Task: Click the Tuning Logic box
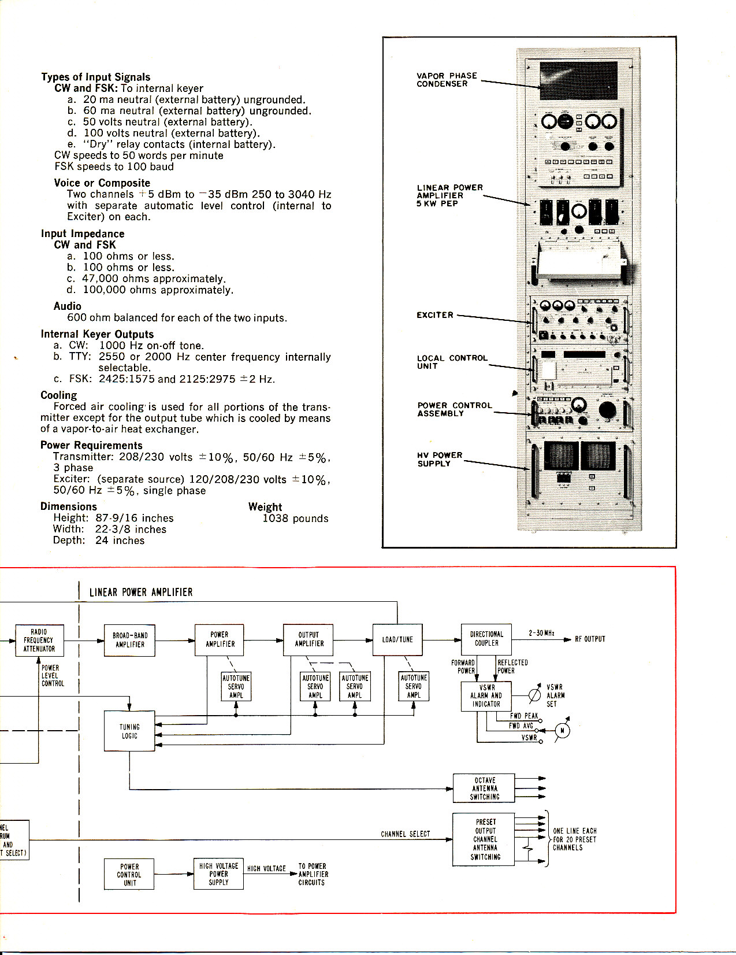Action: pyautogui.click(x=129, y=731)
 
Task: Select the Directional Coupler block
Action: pyautogui.click(x=486, y=639)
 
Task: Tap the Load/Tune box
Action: pyautogui.click(x=397, y=639)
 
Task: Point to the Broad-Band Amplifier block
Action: pyautogui.click(x=130, y=640)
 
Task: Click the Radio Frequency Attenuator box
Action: pyautogui.click(x=39, y=641)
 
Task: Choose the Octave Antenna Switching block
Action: pyautogui.click(x=484, y=789)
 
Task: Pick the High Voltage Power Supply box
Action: pyautogui.click(x=218, y=873)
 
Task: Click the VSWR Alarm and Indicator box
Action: pyautogui.click(x=486, y=696)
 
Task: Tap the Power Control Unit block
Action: pyautogui.click(x=129, y=874)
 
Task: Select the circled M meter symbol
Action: pyautogui.click(x=562, y=731)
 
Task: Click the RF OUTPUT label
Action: pyautogui.click(x=590, y=639)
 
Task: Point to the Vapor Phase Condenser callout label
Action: pyautogui.click(x=447, y=80)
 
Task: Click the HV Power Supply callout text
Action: pyautogui.click(x=440, y=460)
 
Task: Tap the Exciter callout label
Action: pyautogui.click(x=435, y=315)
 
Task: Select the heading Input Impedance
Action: pyautogui.click(x=83, y=234)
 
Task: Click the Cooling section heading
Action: pyautogui.click(x=58, y=395)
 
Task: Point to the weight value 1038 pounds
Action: pyautogui.click(x=295, y=519)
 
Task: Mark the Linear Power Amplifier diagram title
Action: pyautogui.click(x=141, y=593)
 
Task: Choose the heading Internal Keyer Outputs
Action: pyautogui.click(x=97, y=334)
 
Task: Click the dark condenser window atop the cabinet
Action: pyautogui.click(x=578, y=80)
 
